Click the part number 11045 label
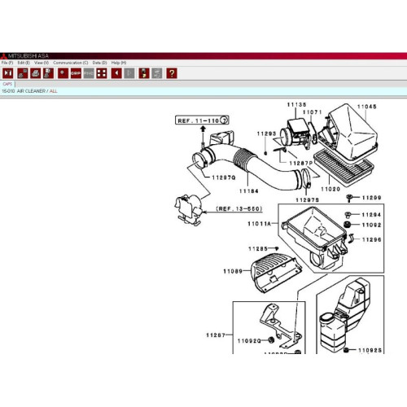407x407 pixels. (x=366, y=107)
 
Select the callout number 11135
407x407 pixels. (x=295, y=106)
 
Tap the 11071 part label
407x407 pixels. (x=313, y=112)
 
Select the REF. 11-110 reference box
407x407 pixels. (x=199, y=120)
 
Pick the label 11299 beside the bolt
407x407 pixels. (x=371, y=198)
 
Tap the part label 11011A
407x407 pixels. (x=260, y=222)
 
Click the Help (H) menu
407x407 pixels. (x=118, y=63)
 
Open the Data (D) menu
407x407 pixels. (x=99, y=63)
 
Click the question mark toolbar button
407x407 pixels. (x=172, y=72)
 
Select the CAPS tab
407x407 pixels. (x=7, y=83)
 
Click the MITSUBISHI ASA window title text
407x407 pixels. (x=28, y=55)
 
